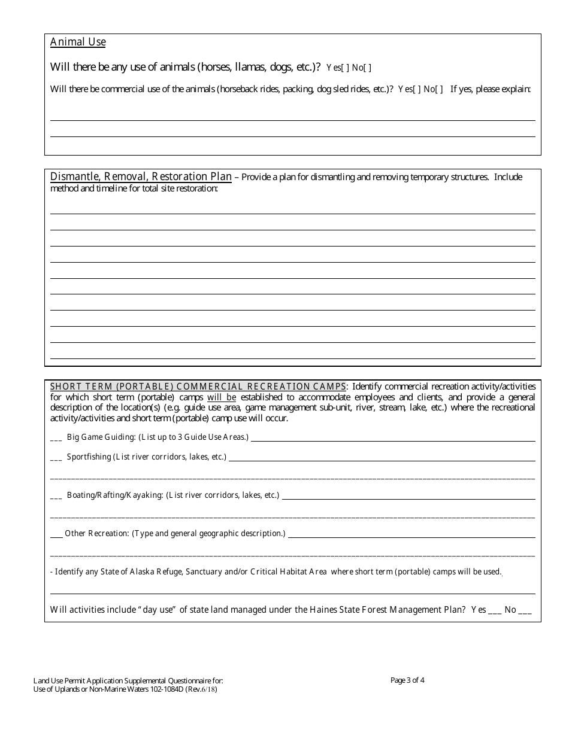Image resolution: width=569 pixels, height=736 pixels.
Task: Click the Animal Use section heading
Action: point(78,42)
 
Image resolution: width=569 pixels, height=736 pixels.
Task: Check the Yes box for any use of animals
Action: point(345,68)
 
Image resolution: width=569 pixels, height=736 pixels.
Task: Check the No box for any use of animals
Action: point(368,68)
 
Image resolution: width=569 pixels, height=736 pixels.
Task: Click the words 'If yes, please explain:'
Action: point(491,89)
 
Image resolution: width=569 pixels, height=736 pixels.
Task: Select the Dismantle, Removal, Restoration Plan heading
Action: point(141,177)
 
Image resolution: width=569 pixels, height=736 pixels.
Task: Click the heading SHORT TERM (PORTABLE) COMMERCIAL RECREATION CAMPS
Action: point(198,386)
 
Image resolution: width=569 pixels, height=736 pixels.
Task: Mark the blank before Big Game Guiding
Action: point(56,438)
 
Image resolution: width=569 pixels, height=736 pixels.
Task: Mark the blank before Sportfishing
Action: point(56,458)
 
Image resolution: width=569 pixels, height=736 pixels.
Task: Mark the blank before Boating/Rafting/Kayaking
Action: point(56,496)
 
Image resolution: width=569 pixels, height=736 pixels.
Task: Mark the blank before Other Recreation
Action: point(56,534)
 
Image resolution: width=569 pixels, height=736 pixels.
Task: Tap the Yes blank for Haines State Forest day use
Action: point(495,611)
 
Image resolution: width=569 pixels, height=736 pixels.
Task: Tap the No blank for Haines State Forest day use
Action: point(525,611)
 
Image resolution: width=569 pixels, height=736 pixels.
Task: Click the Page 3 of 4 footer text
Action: point(407,680)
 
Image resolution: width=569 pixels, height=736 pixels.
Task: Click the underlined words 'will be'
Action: point(222,397)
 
